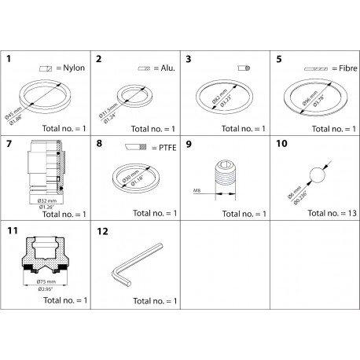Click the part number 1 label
[x=9, y=59]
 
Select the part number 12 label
[x=101, y=231]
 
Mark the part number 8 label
[x=98, y=145]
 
